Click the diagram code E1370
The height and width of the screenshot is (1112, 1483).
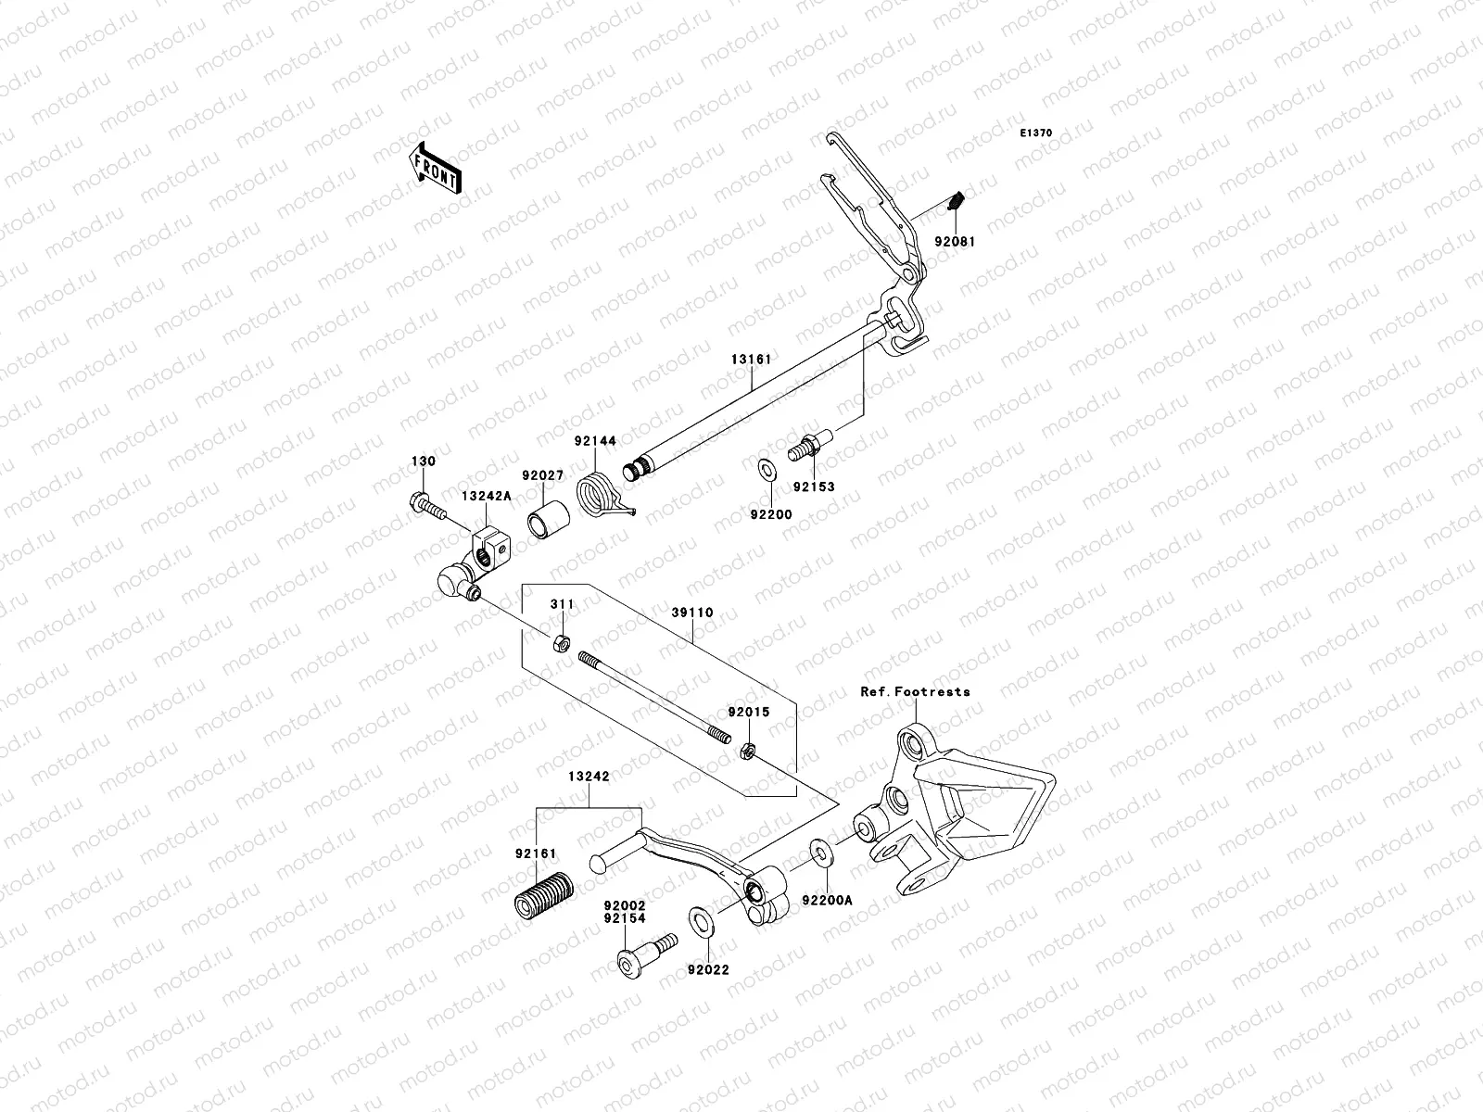tap(1036, 133)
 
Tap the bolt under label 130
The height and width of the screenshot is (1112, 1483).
tap(424, 506)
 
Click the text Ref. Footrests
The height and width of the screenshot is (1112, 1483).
tap(915, 691)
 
